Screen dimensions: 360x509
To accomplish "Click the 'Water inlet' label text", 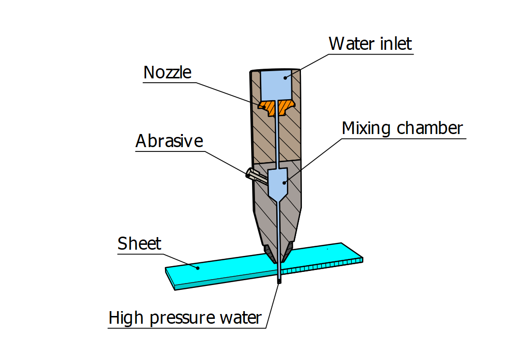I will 370,44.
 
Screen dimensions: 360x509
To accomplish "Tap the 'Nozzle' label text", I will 167,73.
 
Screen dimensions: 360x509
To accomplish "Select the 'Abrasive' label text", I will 169,141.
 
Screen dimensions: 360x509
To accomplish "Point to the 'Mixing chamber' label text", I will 402,128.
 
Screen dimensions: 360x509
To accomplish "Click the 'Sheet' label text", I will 139,243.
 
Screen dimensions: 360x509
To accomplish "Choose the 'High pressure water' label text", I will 185,318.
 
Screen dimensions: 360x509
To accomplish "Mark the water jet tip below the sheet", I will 279,280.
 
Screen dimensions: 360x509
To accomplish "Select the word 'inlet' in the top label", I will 396,44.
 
